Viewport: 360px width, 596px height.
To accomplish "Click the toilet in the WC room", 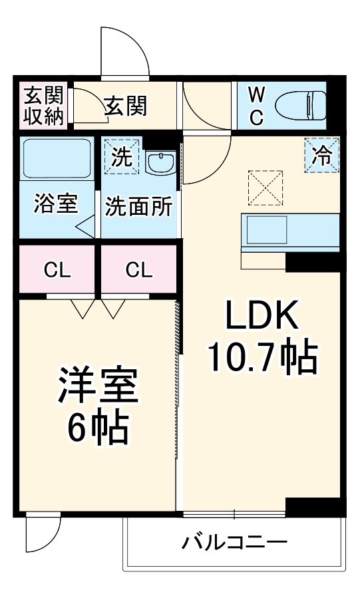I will pos(299,105).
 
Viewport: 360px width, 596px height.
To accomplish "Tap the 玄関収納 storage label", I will pos(44,105).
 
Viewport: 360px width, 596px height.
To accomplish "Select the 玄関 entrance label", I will pos(126,104).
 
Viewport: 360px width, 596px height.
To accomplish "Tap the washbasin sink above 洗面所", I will pos(160,162).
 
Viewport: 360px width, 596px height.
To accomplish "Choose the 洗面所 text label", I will pos(139,206).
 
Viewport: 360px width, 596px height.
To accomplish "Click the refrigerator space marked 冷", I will pos(322,156).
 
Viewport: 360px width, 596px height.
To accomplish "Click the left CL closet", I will pos(57,270).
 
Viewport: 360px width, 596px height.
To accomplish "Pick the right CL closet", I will pos(139,270).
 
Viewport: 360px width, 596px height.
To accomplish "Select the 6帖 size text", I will pos(97,430).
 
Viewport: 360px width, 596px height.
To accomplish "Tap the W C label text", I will pos(256,106).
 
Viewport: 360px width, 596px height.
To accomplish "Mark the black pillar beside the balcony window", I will pos(314,507).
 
